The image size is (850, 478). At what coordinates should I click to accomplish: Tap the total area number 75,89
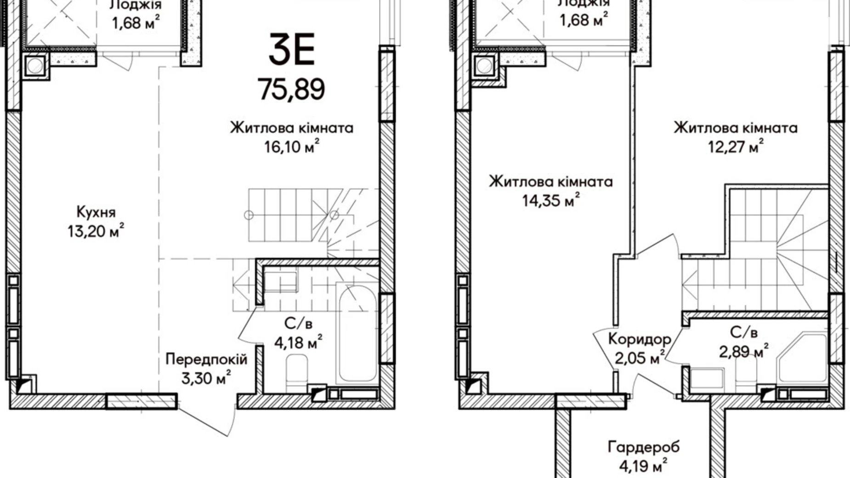291,89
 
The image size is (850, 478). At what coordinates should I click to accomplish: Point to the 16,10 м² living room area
291,147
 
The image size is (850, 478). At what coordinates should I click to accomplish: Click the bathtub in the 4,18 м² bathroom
357,333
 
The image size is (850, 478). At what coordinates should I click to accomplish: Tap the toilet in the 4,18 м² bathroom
296,372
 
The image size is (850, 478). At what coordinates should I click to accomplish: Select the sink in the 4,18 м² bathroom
280,281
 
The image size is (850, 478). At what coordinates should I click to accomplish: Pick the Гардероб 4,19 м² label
643,456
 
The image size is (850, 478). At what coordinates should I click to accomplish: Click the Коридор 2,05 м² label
640,348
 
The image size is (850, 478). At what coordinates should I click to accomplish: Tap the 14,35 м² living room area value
550,201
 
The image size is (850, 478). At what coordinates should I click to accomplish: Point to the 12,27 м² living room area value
735,147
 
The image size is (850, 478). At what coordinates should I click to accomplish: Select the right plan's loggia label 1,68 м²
584,13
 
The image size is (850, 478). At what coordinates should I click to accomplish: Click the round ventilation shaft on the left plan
35,66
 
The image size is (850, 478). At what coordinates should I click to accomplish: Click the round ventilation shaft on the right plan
485,66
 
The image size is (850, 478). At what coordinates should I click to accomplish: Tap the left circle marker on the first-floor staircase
249,215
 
